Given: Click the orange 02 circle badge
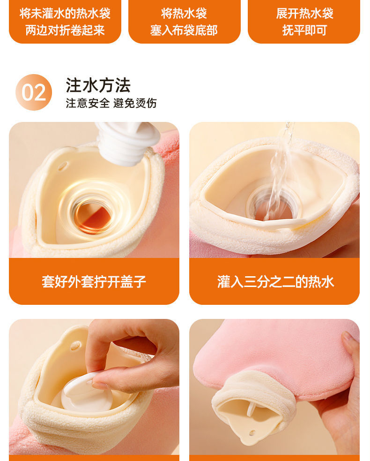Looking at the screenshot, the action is tap(34, 92).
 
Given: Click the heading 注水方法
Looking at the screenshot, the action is tap(98, 85).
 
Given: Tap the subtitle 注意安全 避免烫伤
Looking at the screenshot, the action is tap(111, 103).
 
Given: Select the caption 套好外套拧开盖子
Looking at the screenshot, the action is tap(94, 281).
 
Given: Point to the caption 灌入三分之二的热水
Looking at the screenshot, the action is tap(275, 281).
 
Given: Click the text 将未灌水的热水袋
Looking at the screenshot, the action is tap(65, 13).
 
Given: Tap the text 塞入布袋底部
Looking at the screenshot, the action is tap(184, 30).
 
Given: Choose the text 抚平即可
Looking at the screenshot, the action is tap(304, 30).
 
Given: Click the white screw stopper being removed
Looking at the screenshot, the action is tap(128, 143).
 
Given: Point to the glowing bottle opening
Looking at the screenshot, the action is tap(92, 213).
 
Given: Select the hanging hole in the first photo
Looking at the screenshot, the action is tap(63, 166).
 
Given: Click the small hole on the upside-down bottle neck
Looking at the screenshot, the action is tap(252, 433).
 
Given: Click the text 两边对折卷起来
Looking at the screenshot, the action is tap(65, 30).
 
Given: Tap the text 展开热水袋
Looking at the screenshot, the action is tap(304, 13).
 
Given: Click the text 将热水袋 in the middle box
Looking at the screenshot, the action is tap(184, 13).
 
